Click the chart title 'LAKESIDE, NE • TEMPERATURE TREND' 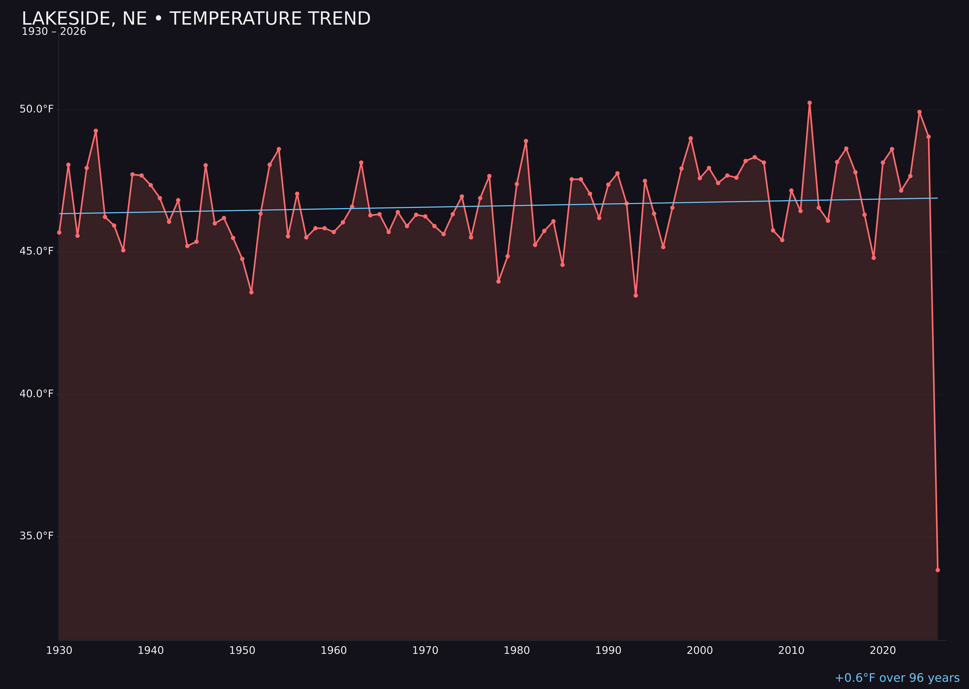196,19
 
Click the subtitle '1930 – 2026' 54,32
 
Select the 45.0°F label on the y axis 37,251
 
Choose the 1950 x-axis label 242,651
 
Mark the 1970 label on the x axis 425,651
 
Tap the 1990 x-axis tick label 608,651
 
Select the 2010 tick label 791,651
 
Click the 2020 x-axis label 883,651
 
